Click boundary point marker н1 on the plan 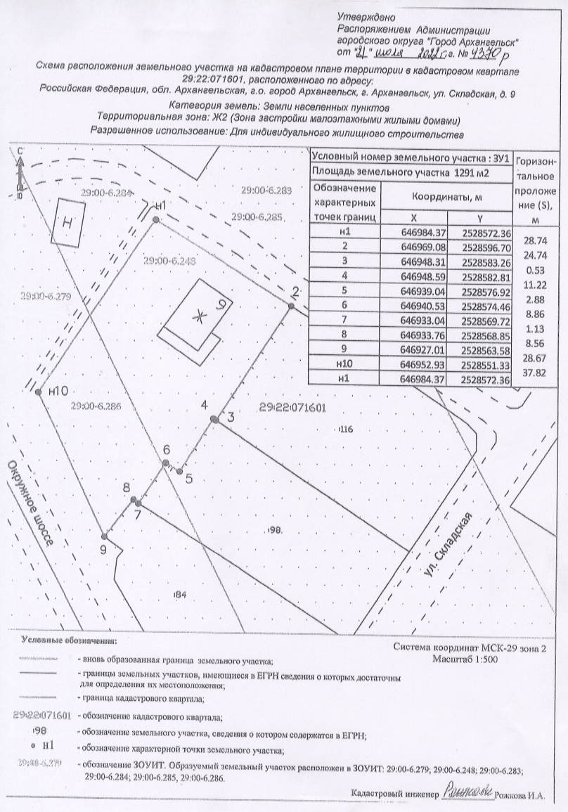(x=155, y=219)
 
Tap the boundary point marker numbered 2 (x=290, y=304)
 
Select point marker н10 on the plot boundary (x=39, y=392)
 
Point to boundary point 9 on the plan (x=104, y=536)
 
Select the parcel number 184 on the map (x=180, y=595)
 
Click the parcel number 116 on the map (x=344, y=429)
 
